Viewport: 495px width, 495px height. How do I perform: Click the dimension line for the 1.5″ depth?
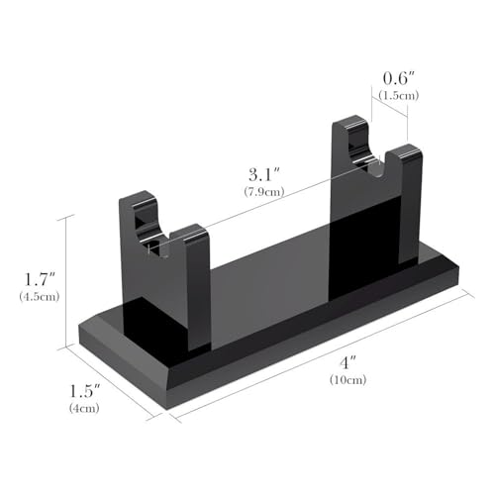[x=109, y=381]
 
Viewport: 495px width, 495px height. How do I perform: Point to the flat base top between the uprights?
[x=267, y=277]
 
